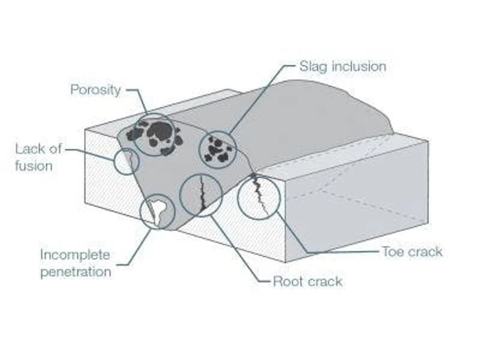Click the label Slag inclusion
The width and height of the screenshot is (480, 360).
click(x=343, y=67)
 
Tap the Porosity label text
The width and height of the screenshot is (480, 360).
click(x=95, y=90)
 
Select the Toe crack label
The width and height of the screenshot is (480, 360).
click(x=412, y=251)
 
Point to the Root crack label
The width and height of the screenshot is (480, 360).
click(x=308, y=281)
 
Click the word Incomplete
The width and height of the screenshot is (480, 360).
click(x=75, y=255)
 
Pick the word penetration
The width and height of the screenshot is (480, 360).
click(x=76, y=272)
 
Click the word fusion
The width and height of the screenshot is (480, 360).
click(x=34, y=166)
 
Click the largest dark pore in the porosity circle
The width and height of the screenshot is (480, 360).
click(x=160, y=130)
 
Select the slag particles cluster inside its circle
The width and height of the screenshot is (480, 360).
click(x=218, y=149)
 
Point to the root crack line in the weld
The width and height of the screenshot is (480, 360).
click(x=202, y=192)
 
